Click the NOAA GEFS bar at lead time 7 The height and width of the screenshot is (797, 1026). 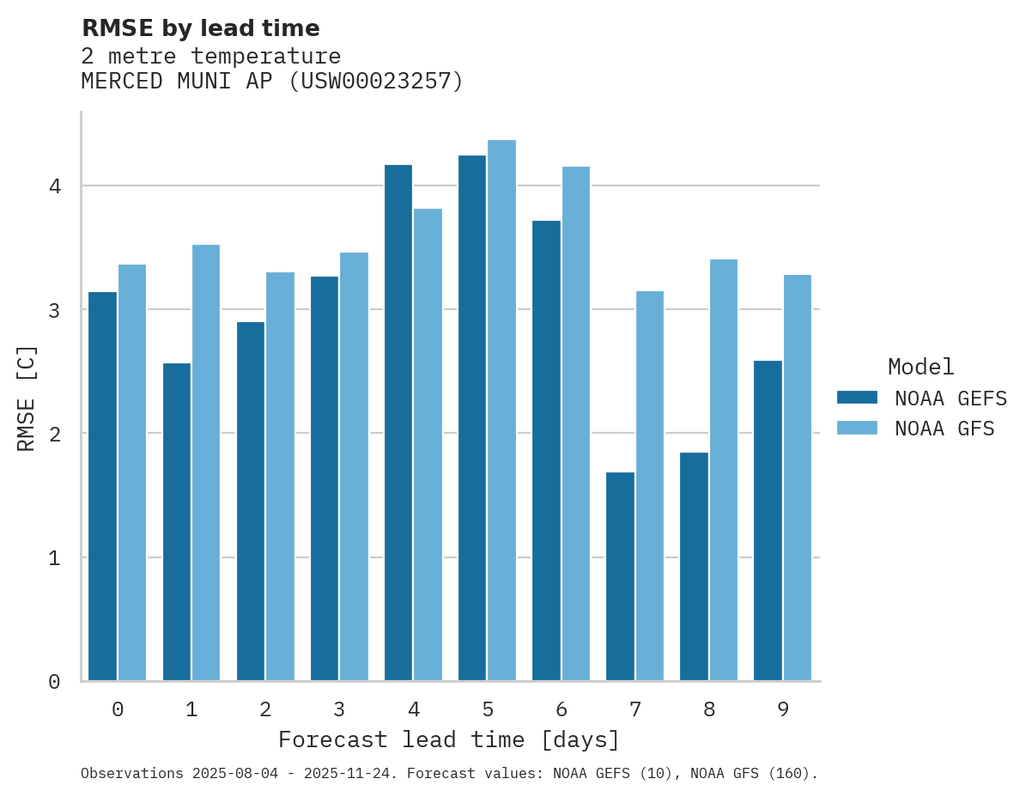(620, 576)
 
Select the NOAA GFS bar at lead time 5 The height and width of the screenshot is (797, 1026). (501, 411)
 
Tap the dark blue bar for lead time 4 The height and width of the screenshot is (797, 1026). (398, 423)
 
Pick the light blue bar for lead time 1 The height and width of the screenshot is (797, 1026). (206, 463)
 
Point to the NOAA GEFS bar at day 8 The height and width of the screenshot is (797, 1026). (694, 567)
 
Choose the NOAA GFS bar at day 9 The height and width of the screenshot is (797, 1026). (798, 478)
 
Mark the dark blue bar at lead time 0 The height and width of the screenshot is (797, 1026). (102, 486)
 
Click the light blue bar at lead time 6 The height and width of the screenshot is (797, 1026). (575, 423)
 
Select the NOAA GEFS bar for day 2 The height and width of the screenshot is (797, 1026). (251, 502)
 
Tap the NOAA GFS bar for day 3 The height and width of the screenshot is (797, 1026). (354, 466)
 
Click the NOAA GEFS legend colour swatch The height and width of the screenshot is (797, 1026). (857, 398)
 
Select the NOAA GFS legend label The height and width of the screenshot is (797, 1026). (944, 429)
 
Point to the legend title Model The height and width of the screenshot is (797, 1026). (920, 367)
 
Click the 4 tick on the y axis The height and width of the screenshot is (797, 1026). (54, 186)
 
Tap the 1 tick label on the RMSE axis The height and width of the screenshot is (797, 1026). (54, 558)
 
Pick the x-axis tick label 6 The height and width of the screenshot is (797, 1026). (562, 709)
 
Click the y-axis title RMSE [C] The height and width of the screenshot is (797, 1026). (27, 398)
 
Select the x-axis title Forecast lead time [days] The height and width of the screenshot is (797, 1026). (449, 739)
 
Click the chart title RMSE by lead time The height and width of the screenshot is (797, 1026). (200, 28)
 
